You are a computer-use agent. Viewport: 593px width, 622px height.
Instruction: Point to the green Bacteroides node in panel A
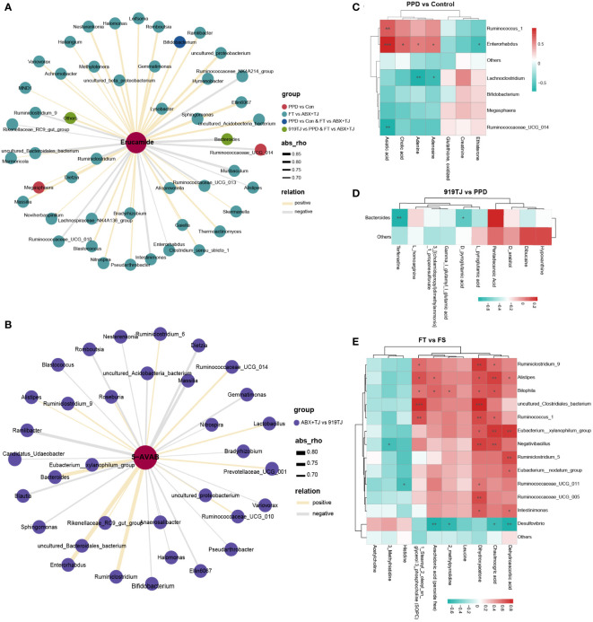(x=229, y=137)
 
